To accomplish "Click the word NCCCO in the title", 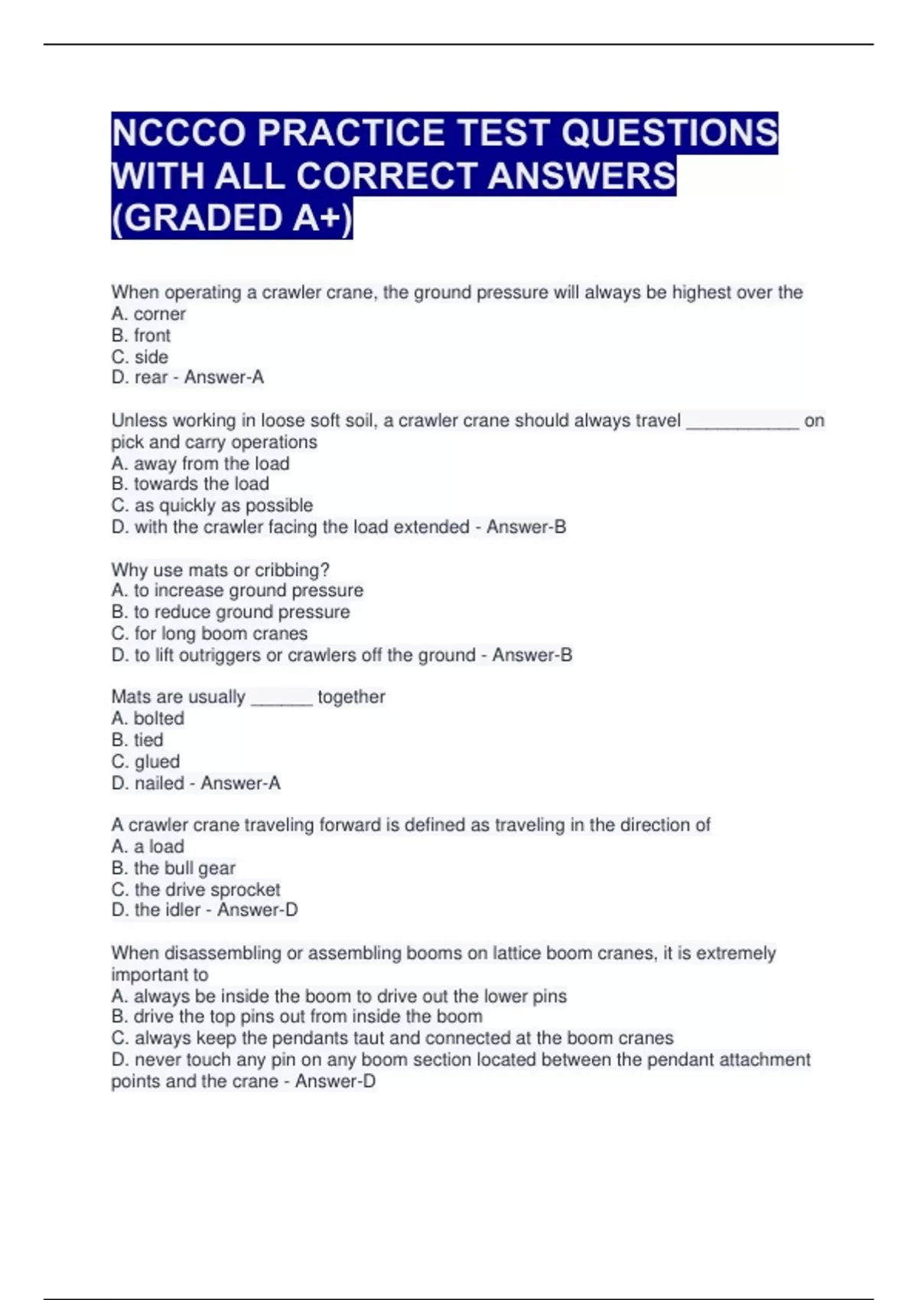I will pos(180,133).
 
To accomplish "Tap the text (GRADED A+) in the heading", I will pos(232,218).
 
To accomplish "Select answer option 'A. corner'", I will pos(148,314).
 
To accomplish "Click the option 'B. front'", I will pos(141,335).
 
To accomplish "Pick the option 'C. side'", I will pos(139,356).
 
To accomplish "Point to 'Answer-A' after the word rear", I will pos(224,377).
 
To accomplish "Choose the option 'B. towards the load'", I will pos(190,483).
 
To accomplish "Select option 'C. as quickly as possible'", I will pos(212,505).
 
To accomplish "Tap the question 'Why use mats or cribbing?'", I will pos(220,570).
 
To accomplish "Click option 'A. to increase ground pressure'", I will pos(237,590).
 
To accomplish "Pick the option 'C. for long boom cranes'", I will pos(209,633).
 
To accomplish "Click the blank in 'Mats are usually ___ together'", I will pos(282,698).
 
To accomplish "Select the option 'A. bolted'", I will pos(148,718).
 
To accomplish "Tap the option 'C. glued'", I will pos(145,761).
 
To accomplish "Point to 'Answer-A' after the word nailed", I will pos(240,783).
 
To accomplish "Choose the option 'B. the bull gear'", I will pos(173,868).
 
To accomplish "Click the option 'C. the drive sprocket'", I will pos(195,889).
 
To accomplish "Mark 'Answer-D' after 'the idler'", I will pos(257,910).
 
